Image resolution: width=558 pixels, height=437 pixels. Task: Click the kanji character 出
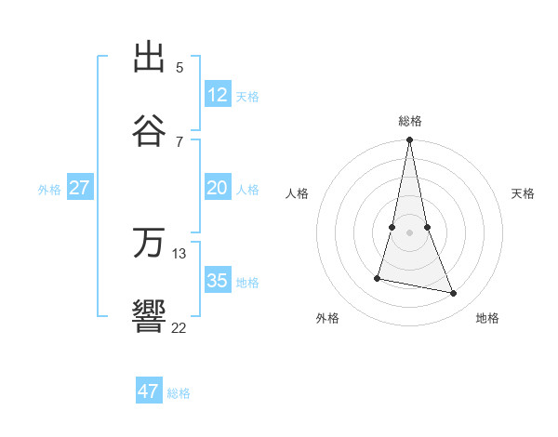(x=150, y=59)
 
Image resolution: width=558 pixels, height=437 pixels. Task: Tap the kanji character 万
(x=150, y=244)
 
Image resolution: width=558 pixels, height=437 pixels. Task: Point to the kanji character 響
(x=150, y=316)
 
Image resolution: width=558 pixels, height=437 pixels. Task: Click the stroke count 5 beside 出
(x=179, y=67)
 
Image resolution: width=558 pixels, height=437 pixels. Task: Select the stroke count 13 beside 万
(x=179, y=253)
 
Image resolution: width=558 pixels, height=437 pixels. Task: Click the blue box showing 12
(x=218, y=94)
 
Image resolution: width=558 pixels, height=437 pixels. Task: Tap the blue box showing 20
(x=218, y=188)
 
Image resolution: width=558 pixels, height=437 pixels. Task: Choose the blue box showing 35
(x=218, y=281)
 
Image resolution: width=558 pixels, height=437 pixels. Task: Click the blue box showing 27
(x=80, y=188)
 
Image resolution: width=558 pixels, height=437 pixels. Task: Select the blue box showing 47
(x=149, y=391)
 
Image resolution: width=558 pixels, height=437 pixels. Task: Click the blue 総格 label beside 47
(x=179, y=393)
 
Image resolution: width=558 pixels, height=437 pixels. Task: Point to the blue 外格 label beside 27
(x=49, y=190)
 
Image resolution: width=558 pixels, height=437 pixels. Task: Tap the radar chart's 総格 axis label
(x=410, y=121)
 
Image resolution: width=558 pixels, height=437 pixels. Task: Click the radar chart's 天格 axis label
(x=524, y=193)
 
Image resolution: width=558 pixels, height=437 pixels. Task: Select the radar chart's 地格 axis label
(x=487, y=318)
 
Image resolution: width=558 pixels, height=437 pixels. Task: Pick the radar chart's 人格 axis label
(x=298, y=193)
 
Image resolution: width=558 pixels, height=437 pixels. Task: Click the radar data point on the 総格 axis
(x=409, y=140)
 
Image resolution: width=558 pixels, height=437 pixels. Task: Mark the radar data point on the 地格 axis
(x=454, y=294)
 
